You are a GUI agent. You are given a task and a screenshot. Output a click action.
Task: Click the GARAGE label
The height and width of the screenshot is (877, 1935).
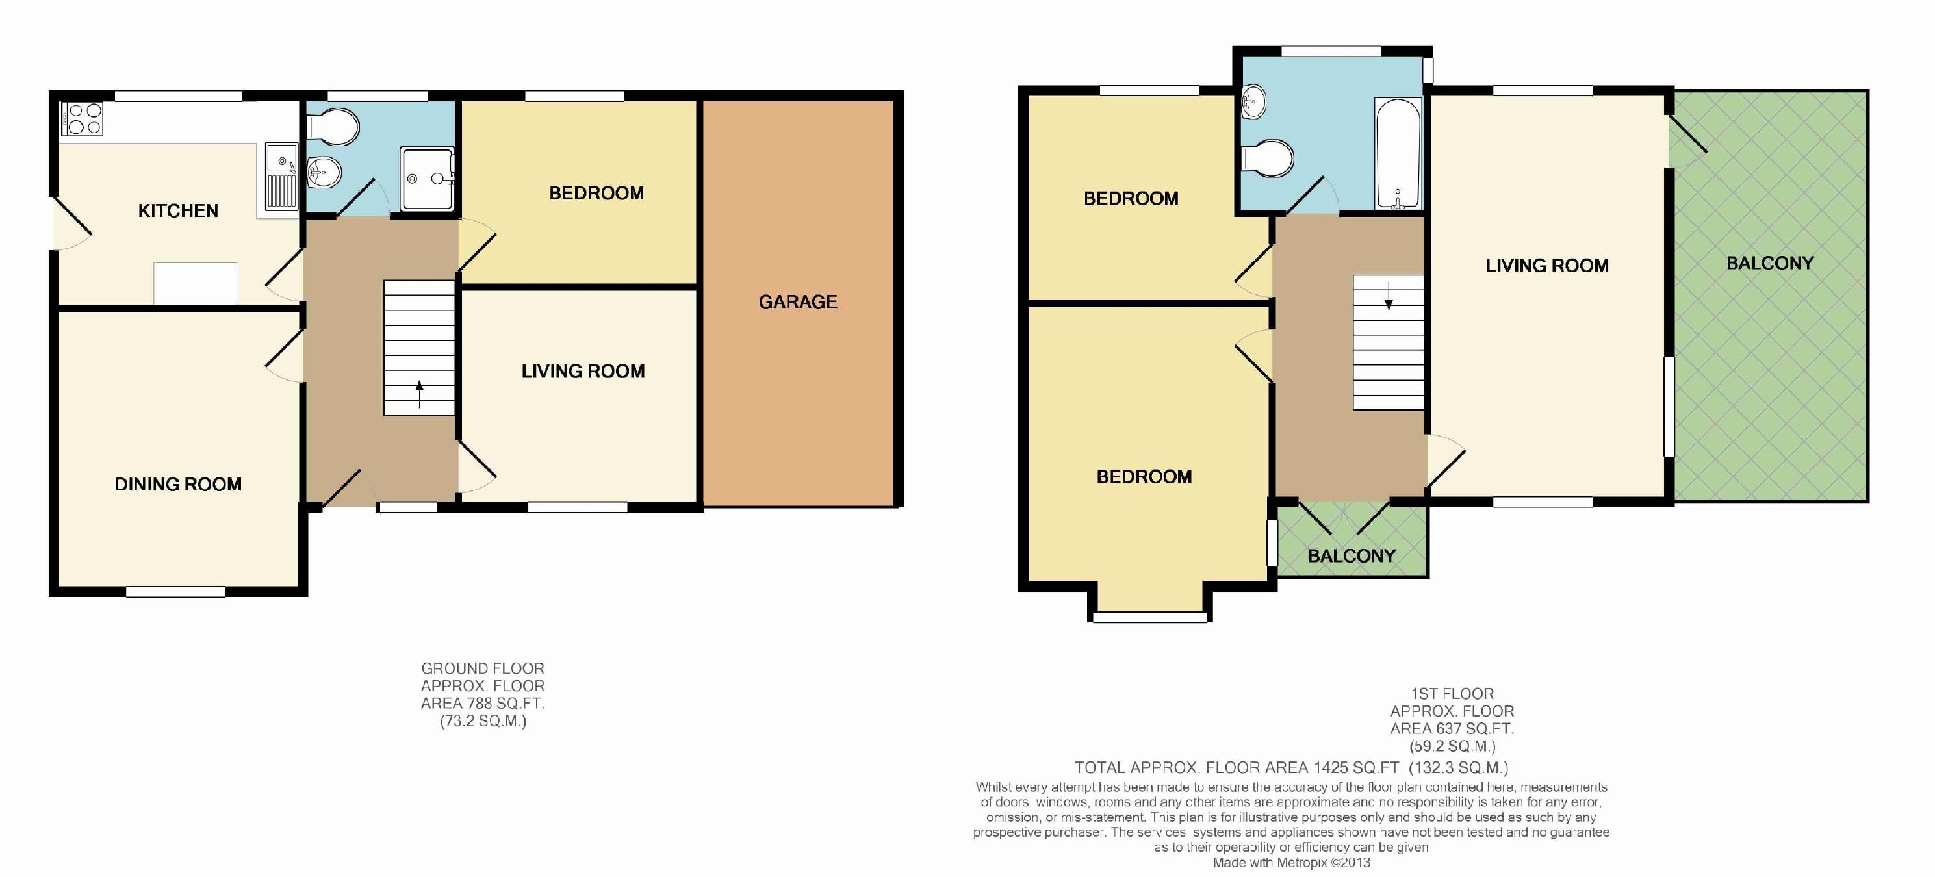pos(798,302)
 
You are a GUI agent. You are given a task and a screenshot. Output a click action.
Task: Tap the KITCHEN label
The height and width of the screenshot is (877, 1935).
pos(178,211)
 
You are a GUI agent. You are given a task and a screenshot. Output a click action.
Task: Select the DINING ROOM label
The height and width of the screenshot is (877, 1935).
pos(178,485)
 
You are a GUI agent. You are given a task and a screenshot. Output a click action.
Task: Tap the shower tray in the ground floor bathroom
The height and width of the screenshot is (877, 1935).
pos(428,179)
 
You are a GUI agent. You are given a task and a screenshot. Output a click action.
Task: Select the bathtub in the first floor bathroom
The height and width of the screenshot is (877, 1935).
pos(1397,153)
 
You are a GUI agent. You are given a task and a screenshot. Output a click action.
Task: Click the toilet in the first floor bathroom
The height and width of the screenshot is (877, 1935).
pos(1268,159)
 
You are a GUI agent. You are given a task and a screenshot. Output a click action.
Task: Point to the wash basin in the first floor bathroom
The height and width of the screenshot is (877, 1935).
pos(1255,102)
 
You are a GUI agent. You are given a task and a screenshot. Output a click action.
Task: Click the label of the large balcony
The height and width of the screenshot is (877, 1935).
pos(1770,263)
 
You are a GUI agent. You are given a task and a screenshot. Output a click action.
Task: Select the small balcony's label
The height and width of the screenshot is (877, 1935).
pos(1352,555)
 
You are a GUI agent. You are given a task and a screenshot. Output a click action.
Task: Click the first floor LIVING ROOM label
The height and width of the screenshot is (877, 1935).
pos(1547,265)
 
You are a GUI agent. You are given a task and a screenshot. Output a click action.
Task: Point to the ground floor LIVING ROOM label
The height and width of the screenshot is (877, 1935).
pos(583,371)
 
